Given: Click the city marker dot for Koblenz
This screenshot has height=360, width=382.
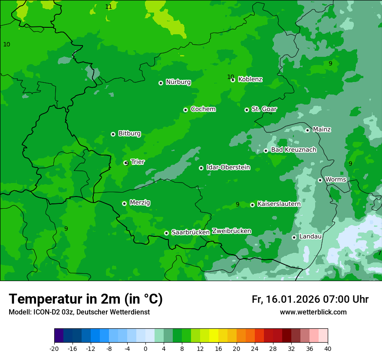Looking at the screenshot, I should (x=233, y=80).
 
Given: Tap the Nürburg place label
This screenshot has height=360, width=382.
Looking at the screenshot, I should (x=178, y=82).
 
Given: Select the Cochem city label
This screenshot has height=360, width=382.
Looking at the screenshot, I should (x=203, y=109).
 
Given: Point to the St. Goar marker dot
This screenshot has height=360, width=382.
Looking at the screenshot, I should (x=247, y=110).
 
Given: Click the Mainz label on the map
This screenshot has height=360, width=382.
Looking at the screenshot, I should (x=322, y=130).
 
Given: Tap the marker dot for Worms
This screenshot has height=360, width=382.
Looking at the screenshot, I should (x=320, y=180).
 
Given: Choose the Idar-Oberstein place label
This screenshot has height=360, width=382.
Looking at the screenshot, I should (x=228, y=167).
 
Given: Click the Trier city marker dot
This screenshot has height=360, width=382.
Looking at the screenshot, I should (x=126, y=163).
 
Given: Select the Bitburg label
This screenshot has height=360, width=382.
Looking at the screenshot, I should (x=129, y=134).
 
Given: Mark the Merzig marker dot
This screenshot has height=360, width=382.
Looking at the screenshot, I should (x=124, y=203).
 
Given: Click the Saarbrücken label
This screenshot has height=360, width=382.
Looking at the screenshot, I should (x=191, y=232).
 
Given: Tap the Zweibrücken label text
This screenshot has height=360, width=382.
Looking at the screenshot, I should (x=231, y=231).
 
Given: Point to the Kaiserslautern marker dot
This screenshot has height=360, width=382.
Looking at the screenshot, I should (x=252, y=205).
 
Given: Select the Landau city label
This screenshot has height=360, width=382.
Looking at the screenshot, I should (x=310, y=237).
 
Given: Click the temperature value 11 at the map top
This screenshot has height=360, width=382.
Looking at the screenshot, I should (x=109, y=7).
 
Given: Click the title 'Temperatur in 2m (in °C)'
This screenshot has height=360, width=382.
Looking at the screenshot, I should (x=86, y=299).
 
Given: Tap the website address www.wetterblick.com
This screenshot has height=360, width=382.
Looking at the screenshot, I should (x=313, y=312).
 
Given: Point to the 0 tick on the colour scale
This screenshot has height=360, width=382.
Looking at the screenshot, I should (x=145, y=348).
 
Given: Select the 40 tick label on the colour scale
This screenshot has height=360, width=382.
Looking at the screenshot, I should (x=328, y=348).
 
